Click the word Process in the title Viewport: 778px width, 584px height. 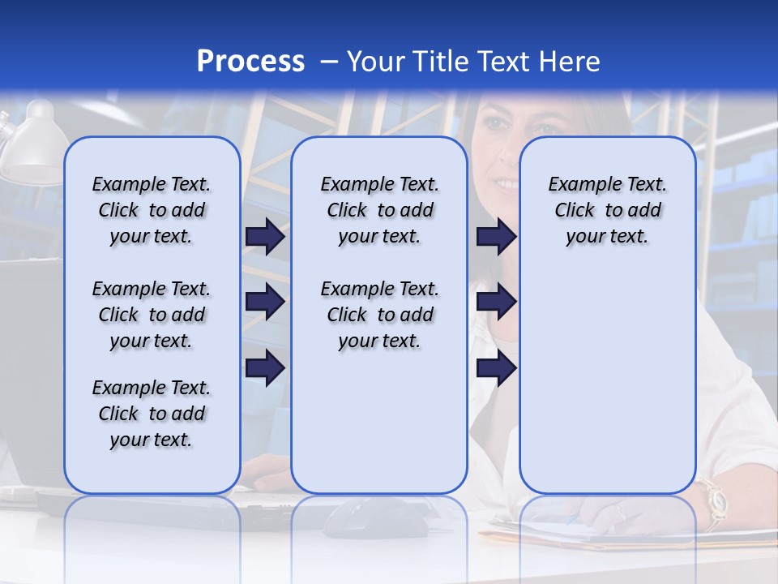pyautogui.click(x=250, y=61)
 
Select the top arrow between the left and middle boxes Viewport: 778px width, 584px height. pyautogui.click(x=264, y=236)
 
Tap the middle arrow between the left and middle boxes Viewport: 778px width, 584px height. pyautogui.click(x=264, y=302)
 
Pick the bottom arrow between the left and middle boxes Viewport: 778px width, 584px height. pyautogui.click(x=264, y=368)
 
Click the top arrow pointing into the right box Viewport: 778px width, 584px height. pyautogui.click(x=496, y=236)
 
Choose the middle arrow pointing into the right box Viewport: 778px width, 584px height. pyautogui.click(x=496, y=302)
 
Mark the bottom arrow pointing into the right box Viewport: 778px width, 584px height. pyautogui.click(x=496, y=368)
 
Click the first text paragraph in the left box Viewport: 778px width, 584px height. pyautogui.click(x=151, y=210)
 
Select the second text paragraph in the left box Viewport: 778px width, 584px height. pyautogui.click(x=151, y=315)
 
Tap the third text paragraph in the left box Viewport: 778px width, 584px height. pyautogui.click(x=151, y=414)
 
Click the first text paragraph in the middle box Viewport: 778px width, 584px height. pyautogui.click(x=379, y=210)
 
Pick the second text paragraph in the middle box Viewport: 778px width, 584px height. pyautogui.click(x=379, y=315)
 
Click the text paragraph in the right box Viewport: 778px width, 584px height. pyautogui.click(x=607, y=210)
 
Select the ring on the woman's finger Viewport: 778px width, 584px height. pyautogui.click(x=621, y=513)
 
